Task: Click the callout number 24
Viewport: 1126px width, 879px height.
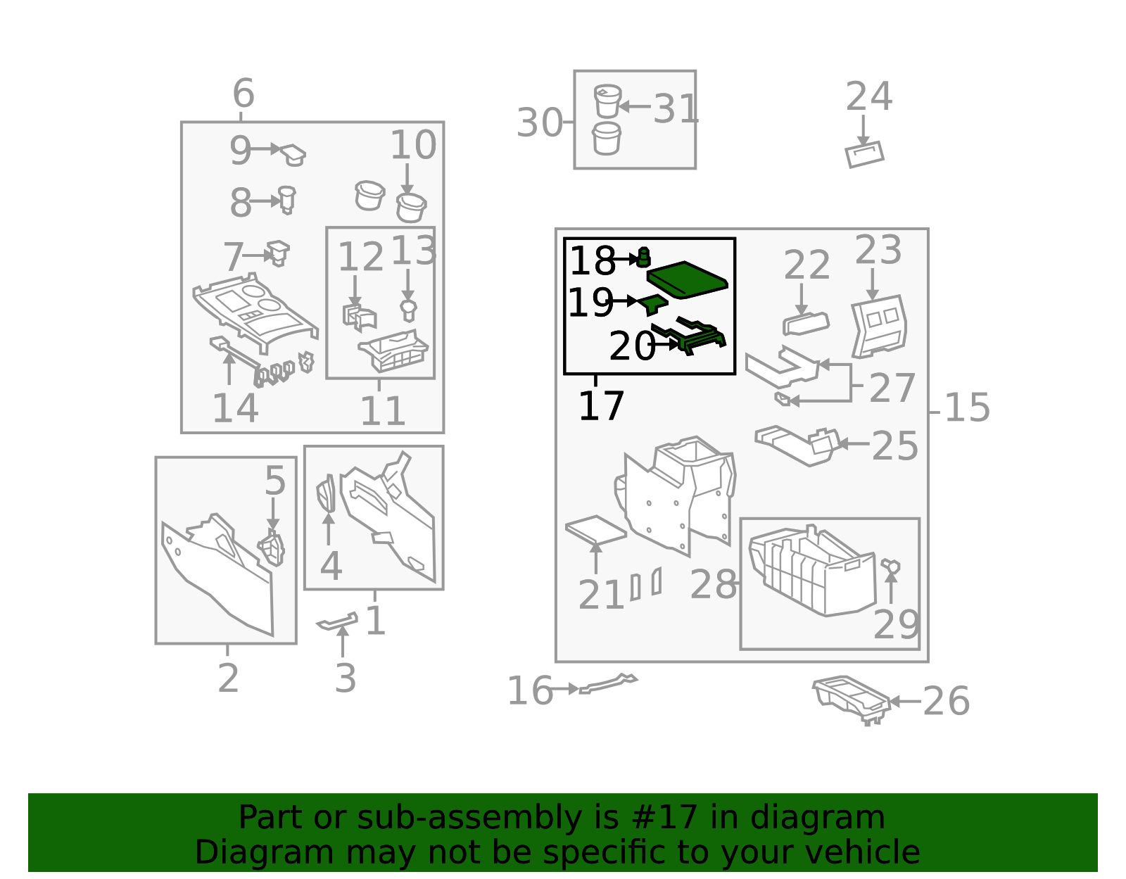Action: [x=868, y=96]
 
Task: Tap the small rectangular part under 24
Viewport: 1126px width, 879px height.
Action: [x=864, y=154]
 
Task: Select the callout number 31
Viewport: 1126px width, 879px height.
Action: [x=676, y=109]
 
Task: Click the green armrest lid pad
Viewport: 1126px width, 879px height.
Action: [x=687, y=279]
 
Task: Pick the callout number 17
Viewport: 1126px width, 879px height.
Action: [x=601, y=405]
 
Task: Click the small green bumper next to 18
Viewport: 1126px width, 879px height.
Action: [x=643, y=257]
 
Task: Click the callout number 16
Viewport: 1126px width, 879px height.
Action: [x=530, y=690]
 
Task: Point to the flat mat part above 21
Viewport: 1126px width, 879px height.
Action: [x=596, y=530]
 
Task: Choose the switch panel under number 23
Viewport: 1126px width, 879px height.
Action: [x=879, y=327]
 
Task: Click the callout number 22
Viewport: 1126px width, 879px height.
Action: [x=806, y=265]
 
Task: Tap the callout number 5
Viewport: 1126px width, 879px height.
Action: [x=275, y=480]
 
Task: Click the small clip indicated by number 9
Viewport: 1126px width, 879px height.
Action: [x=293, y=155]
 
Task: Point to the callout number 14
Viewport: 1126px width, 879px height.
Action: [x=235, y=408]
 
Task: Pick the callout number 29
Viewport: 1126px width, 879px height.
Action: [x=896, y=625]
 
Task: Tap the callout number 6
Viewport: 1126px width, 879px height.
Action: [x=243, y=93]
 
